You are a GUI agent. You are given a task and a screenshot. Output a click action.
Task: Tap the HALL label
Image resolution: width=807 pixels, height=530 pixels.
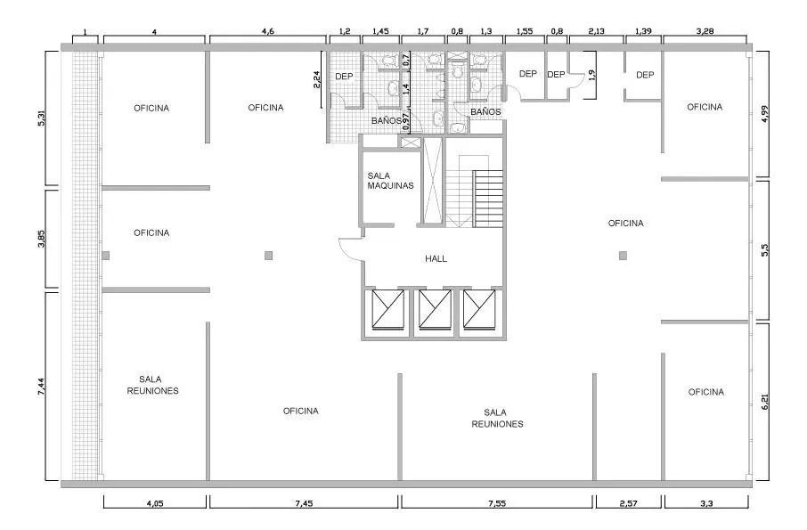(436, 258)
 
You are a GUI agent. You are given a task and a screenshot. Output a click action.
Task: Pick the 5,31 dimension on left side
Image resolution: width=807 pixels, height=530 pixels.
(39, 118)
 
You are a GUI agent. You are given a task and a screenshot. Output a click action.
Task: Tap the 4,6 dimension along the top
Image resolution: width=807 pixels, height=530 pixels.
(267, 31)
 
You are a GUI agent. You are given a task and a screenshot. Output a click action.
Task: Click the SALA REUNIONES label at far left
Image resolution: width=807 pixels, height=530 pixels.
(152, 385)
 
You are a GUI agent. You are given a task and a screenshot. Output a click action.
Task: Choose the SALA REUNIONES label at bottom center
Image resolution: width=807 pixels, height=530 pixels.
(497, 418)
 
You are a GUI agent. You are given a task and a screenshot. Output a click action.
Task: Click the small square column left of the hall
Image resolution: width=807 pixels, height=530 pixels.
(268, 256)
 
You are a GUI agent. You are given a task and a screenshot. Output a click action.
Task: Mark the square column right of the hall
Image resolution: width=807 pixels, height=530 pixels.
(623, 256)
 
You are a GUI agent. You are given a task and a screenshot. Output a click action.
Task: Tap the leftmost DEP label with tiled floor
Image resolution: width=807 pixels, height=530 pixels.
(345, 77)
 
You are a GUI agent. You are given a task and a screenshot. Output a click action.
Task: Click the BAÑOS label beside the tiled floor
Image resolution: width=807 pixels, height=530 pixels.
(385, 119)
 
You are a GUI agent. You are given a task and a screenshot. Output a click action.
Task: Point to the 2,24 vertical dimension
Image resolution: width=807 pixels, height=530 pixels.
(317, 81)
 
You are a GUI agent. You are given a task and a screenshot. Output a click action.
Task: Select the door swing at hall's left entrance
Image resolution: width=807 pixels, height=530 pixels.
(349, 247)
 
